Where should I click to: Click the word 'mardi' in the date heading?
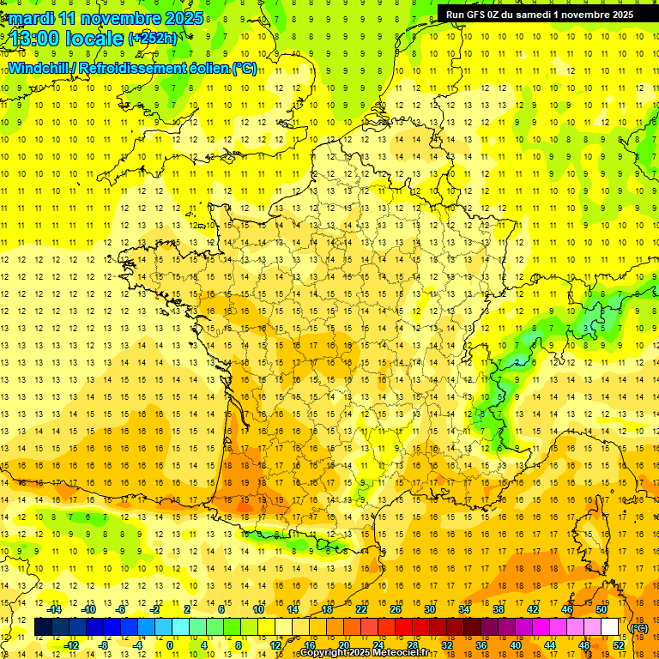coord(32,18)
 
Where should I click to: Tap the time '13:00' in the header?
coord(36,37)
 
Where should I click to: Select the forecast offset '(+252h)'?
coord(153,38)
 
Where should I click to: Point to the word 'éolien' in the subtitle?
coord(204,68)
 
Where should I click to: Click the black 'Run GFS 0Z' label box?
coord(539,14)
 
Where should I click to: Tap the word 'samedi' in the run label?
coord(529,14)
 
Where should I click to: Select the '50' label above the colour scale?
coord(602,609)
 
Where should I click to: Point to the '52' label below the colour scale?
coord(618,644)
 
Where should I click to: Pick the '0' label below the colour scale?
coord(171,644)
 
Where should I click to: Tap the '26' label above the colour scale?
coord(396,609)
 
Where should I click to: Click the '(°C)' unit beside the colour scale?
coord(638,628)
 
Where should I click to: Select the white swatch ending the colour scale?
coord(610,627)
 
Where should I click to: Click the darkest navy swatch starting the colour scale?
coord(43,627)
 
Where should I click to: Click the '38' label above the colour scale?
coord(499,609)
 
